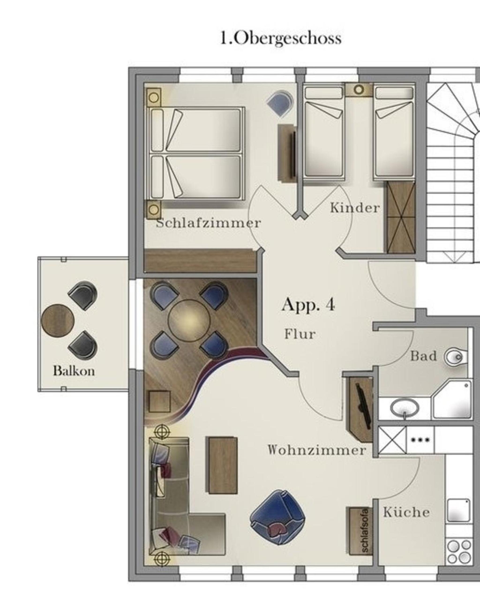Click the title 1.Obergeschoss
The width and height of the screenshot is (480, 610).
pyautogui.click(x=281, y=38)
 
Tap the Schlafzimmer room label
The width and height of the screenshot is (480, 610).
pyautogui.click(x=209, y=223)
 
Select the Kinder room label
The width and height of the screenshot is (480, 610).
pyautogui.click(x=355, y=208)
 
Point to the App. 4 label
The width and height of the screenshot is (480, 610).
pyautogui.click(x=308, y=304)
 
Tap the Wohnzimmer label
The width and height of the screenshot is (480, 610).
pyautogui.click(x=317, y=450)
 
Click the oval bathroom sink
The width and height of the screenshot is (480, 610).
pyautogui.click(x=405, y=408)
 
